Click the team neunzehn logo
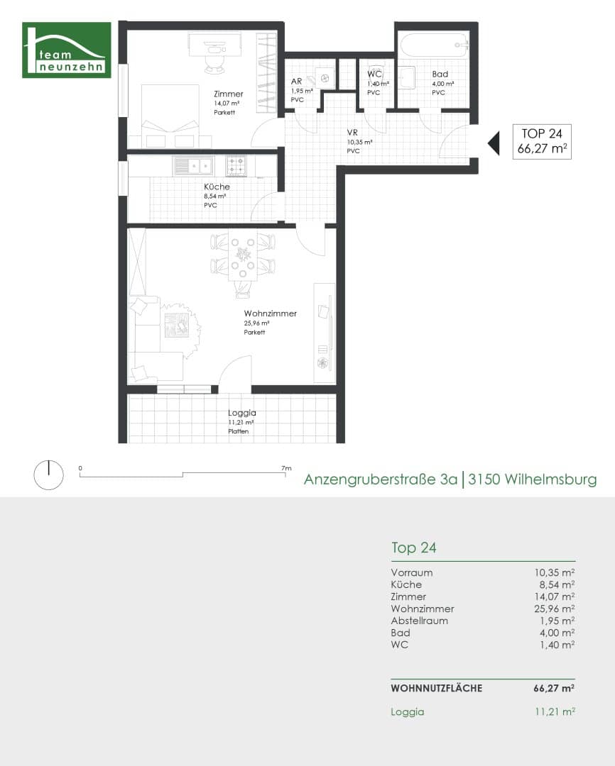point(67,50)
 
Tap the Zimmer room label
point(229,94)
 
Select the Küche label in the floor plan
point(216,187)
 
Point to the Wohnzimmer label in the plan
point(270,313)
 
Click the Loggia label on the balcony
point(241,413)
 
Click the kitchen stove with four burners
point(236,166)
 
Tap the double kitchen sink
point(193,166)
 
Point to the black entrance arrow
point(493,143)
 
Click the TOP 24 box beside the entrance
point(542,141)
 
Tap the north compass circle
point(48,474)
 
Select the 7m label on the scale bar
point(286,468)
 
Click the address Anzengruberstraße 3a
point(380,479)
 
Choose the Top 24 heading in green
point(413,548)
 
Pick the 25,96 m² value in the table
point(554,609)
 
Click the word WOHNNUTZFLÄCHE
point(436,688)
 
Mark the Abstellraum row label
point(419,621)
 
